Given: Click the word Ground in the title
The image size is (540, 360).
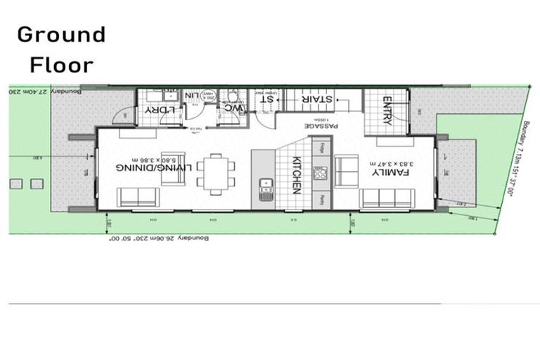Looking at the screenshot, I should tap(61, 34).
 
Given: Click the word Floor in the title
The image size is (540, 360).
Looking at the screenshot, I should tap(61, 65).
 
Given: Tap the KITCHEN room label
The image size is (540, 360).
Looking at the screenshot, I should tap(297, 174).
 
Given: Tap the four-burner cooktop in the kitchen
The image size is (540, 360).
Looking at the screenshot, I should tap(321, 173).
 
